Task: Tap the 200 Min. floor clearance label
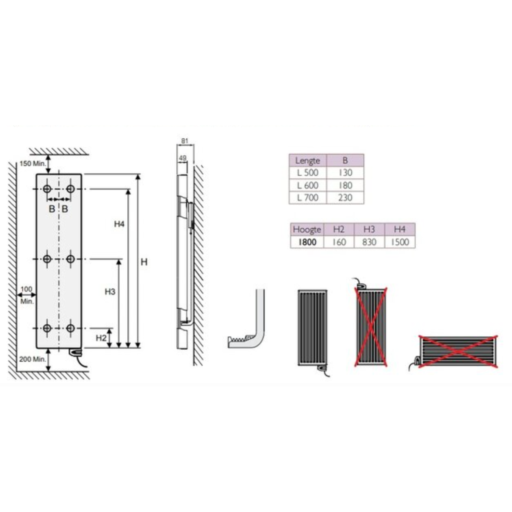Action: pos(32,359)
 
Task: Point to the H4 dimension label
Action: pos(119,224)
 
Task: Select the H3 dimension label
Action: pos(110,292)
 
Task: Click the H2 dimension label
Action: pos(101,338)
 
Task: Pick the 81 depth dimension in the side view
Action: pos(185,141)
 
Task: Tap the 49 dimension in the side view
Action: pos(182,158)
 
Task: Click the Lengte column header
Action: pos(308,160)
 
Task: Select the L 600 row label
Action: pos(308,185)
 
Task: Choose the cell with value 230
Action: pos(345,198)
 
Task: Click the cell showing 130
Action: pos(345,173)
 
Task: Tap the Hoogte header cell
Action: pos(307,229)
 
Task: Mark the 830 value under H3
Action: pos(369,242)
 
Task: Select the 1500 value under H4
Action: pos(400,242)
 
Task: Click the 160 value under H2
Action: pos(339,242)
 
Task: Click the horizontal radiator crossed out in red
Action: pos(458,352)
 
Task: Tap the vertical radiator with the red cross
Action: pos(371,327)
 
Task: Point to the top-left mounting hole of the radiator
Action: pos(47,189)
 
